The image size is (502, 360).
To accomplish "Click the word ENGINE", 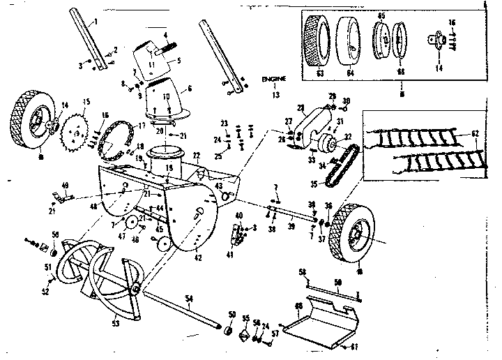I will pyautogui.click(x=274, y=79).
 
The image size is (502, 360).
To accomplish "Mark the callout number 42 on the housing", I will pyautogui.click(x=199, y=258).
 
